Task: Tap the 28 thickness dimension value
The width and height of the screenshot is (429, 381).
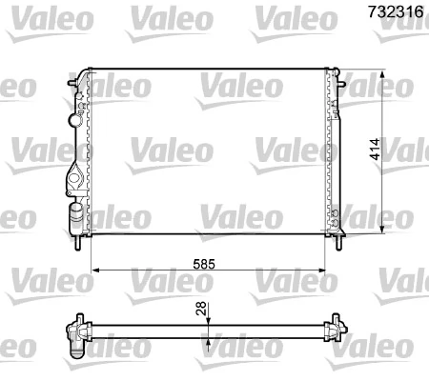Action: [199, 309]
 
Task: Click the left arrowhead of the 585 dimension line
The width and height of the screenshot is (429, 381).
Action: [93, 271]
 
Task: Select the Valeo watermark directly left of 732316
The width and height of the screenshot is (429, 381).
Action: [290, 16]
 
